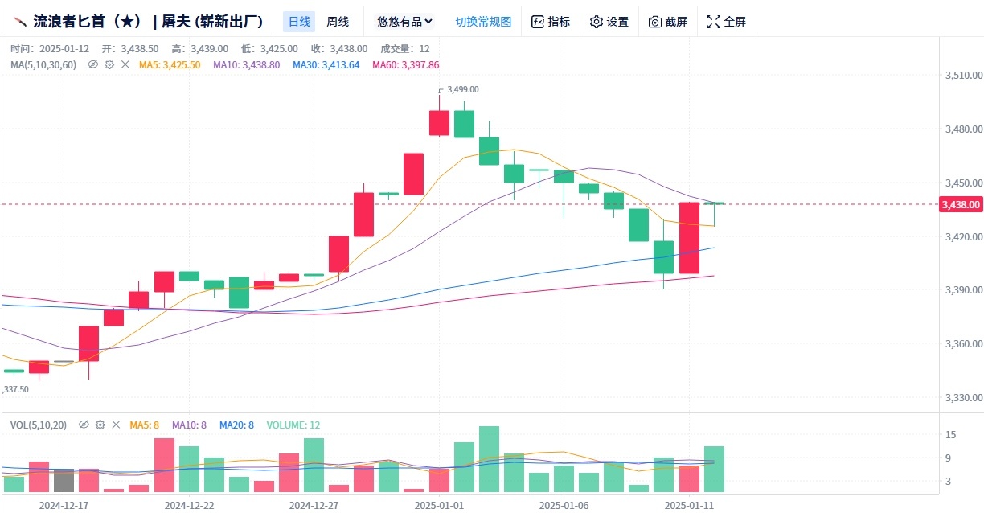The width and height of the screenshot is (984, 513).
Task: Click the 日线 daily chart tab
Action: point(299,22)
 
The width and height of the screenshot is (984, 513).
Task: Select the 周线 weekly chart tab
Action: point(338,22)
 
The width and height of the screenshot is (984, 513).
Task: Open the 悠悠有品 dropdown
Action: point(404,22)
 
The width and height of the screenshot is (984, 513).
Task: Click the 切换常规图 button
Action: point(483,22)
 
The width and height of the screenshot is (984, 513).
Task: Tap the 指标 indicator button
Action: point(551,22)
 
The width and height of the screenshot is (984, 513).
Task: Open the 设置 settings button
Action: point(609,22)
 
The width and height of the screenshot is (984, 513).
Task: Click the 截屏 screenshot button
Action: point(668,22)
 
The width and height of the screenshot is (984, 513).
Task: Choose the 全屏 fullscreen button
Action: point(727,22)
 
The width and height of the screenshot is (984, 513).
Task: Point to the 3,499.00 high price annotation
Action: point(462,89)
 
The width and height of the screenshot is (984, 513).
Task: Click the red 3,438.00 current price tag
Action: point(961,204)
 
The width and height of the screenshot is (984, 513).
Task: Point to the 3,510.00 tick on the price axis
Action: point(964,75)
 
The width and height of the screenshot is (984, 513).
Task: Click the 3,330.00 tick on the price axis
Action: point(964,397)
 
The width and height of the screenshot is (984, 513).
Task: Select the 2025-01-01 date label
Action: point(440,505)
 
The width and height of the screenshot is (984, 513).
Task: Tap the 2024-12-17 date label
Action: point(64,505)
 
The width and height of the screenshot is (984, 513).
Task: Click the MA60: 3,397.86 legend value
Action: point(405,64)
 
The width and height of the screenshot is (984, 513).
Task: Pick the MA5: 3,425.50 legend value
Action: point(170,64)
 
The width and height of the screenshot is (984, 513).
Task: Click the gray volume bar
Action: point(64,481)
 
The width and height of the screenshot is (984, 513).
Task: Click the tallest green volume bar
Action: point(490,459)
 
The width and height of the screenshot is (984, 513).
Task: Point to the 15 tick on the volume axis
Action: point(950,435)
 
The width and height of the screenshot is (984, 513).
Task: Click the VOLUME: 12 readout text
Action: point(293,425)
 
